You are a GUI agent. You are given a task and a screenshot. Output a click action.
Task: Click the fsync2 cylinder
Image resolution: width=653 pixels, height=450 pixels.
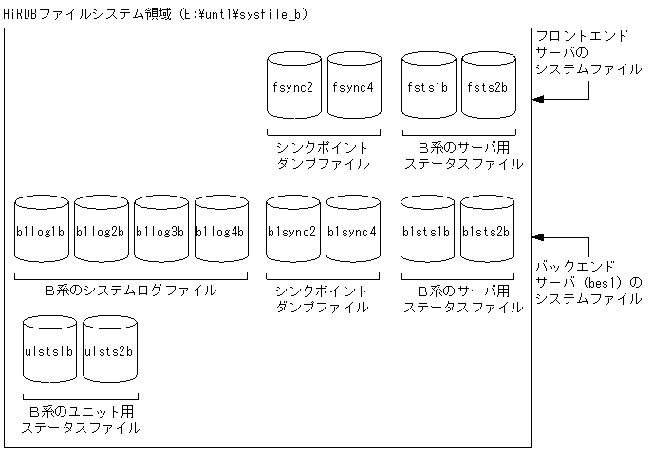[293, 88]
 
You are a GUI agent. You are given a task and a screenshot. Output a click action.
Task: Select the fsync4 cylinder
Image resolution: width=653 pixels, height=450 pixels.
[354, 88]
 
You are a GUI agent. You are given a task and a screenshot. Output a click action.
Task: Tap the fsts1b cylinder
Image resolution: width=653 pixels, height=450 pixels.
[428, 88]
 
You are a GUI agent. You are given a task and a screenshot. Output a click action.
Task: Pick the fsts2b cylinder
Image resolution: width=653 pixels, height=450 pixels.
[488, 88]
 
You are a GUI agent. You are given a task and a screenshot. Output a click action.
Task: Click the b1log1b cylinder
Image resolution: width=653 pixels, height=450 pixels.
[41, 232]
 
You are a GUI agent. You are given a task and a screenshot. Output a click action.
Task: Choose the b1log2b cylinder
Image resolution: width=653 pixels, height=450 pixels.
[101, 232]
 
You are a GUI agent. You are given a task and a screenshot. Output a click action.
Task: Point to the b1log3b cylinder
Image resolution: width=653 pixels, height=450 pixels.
[161, 232]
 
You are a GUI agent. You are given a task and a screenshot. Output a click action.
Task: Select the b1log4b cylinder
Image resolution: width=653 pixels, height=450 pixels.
[221, 232]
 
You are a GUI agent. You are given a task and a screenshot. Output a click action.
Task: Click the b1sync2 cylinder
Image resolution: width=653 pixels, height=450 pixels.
[293, 232]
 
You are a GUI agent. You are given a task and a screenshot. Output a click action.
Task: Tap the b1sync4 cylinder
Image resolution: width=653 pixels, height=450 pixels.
[353, 232]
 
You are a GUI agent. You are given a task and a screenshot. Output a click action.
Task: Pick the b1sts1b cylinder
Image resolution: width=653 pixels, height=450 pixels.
[428, 232]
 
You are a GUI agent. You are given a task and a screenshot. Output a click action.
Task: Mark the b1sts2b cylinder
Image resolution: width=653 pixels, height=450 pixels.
[488, 232]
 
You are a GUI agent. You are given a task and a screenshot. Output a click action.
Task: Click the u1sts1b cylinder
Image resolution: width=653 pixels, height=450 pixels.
[47, 353]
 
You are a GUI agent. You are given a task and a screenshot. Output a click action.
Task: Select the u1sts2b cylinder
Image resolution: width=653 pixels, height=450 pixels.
[108, 353]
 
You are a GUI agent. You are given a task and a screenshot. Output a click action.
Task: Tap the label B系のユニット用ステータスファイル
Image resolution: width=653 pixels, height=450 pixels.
[81, 420]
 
